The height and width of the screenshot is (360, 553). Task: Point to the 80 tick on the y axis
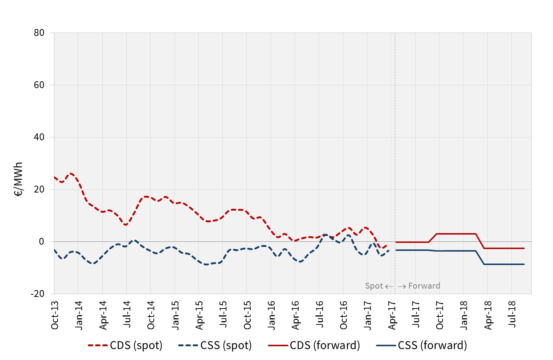pyautogui.click(x=39, y=33)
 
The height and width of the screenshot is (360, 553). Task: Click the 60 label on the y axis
pyautogui.click(x=39, y=85)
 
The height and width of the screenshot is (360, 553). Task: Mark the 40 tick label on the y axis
pyautogui.click(x=39, y=137)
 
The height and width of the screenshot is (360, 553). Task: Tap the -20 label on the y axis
pyautogui.click(x=37, y=294)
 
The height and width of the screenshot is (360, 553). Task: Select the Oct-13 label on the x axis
pyautogui.click(x=55, y=315)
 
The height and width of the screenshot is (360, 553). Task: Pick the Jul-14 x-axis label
pyautogui.click(x=127, y=314)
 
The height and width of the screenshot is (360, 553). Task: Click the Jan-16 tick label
pyautogui.click(x=271, y=315)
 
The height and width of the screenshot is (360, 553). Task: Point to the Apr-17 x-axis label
pyautogui.click(x=392, y=315)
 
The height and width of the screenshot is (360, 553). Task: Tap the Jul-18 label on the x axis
pyautogui.click(x=512, y=314)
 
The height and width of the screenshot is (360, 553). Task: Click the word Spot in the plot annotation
pyautogui.click(x=374, y=286)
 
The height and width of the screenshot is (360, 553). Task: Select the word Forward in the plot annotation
pyautogui.click(x=424, y=286)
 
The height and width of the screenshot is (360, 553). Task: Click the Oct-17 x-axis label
pyautogui.click(x=440, y=315)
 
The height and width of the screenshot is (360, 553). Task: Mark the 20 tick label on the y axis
pyautogui.click(x=39, y=190)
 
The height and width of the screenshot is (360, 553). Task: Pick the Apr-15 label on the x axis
pyautogui.click(x=199, y=315)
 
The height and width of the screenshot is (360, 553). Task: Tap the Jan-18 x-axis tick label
pyautogui.click(x=464, y=315)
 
